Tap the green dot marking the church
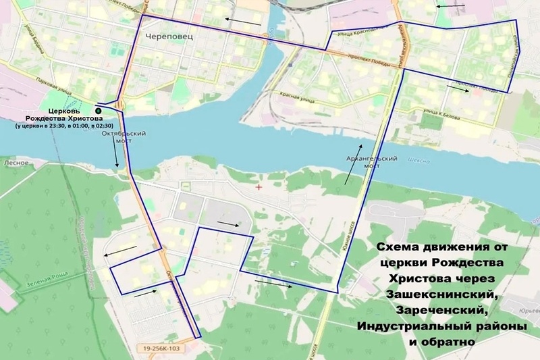[98, 109]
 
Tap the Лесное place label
[14, 163]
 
